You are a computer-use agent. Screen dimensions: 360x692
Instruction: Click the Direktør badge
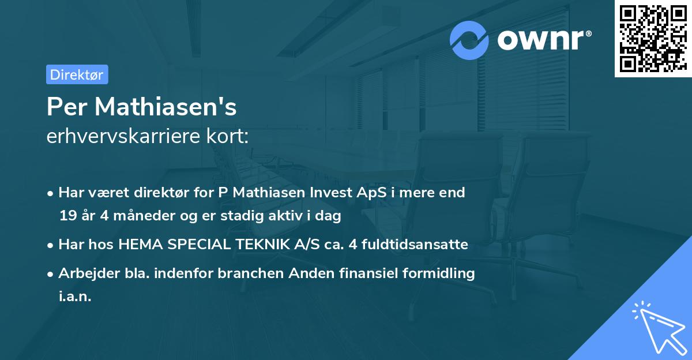coord(77,74)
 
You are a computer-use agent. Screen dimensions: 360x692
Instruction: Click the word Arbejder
coord(85,273)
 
